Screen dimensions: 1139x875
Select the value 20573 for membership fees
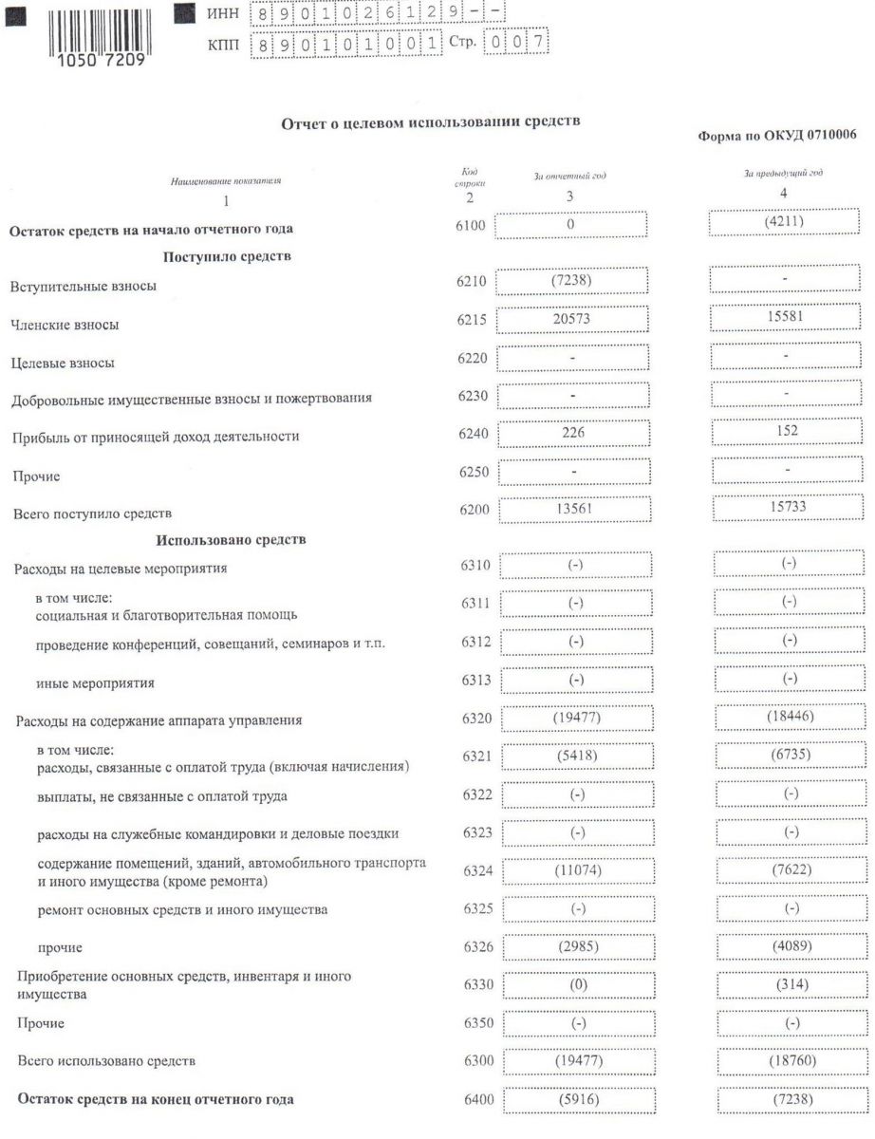tap(571, 320)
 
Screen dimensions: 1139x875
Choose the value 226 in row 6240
tap(572, 433)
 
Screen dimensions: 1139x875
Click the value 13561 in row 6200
tap(573, 511)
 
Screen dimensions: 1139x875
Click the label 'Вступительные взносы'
tap(83, 286)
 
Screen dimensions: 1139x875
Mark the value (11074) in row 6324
tap(575, 870)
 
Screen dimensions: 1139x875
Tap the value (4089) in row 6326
tap(789, 946)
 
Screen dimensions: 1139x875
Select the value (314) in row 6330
tap(789, 984)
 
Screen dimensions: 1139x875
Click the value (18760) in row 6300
tap(789, 1059)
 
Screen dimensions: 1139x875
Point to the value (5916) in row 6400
tap(575, 1099)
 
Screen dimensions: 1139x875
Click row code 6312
tap(475, 643)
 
